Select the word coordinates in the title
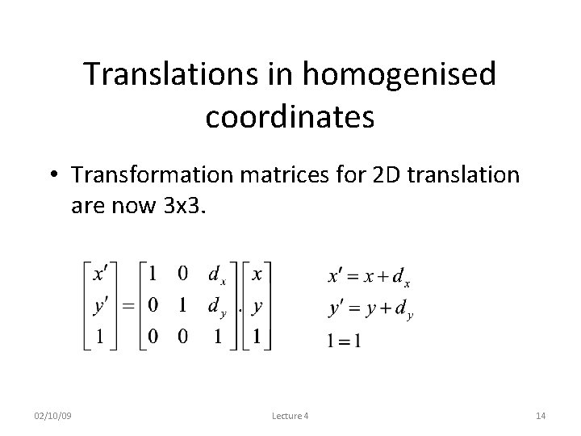290,116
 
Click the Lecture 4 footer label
290,416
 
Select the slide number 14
541,416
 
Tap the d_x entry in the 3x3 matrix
216,276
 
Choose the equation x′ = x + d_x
369,277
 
